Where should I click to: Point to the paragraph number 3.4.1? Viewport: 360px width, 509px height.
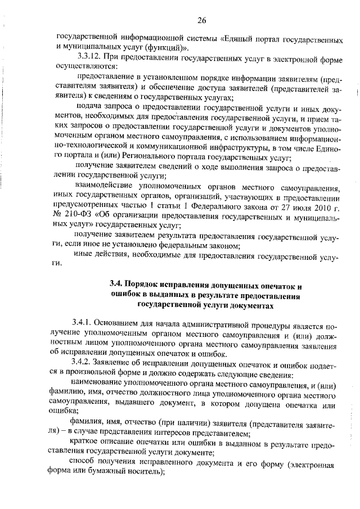[83, 323]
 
